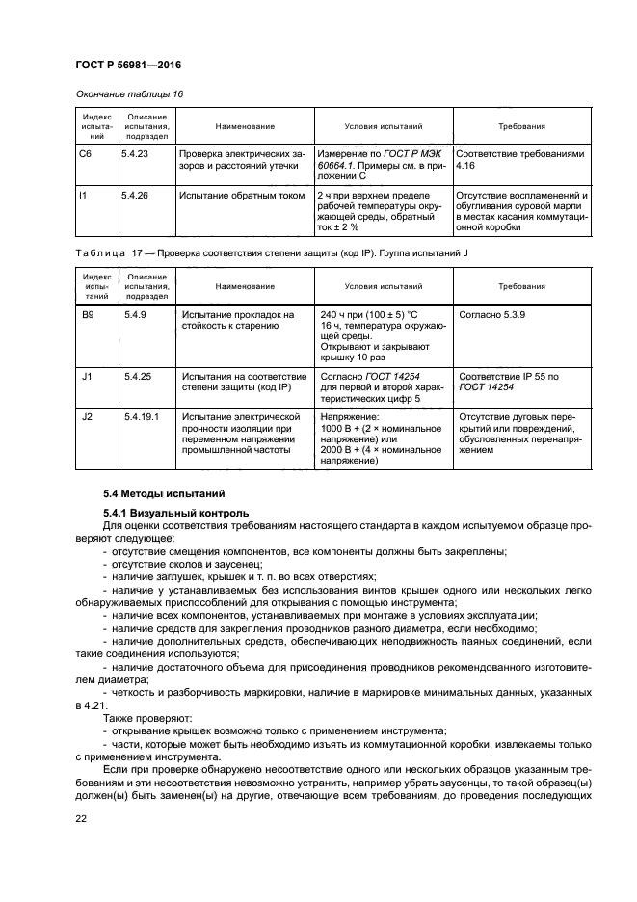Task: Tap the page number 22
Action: [x=81, y=818]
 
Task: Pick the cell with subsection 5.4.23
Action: [x=135, y=152]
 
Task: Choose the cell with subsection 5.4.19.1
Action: [x=142, y=417]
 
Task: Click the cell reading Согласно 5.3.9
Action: [x=494, y=314]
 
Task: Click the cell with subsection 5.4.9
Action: [x=133, y=314]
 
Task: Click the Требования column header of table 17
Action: [x=521, y=286]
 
